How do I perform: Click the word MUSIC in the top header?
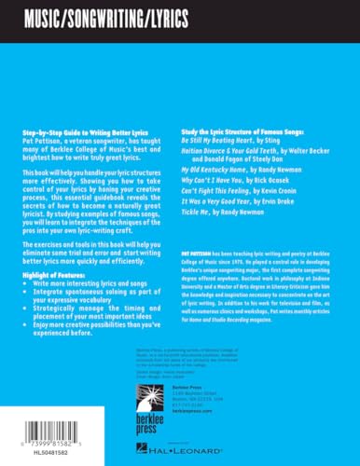coord(48,16)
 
